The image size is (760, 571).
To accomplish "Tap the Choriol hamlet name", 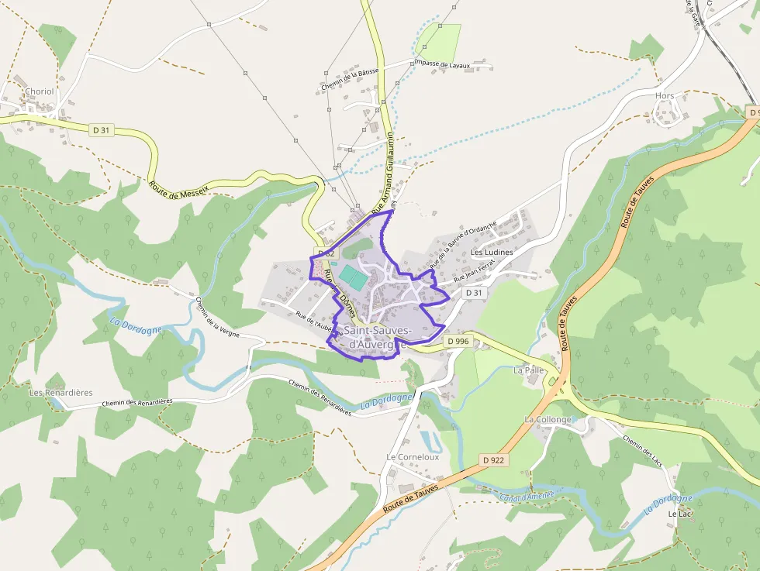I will tap(40, 91).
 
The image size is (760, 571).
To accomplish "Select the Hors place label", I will tap(665, 96).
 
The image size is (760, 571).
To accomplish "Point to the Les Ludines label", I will tap(492, 253).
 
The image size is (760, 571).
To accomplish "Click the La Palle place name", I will tap(529, 370).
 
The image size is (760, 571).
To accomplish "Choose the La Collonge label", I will tap(548, 419).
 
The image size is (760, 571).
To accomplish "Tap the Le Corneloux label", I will tap(413, 457).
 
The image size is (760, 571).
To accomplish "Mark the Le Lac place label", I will tap(679, 514).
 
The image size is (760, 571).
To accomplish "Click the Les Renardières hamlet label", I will tap(60, 392).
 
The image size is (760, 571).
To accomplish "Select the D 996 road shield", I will tap(458, 341).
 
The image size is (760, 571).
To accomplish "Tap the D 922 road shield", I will tap(493, 459).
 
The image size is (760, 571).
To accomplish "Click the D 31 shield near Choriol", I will tap(100, 130).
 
